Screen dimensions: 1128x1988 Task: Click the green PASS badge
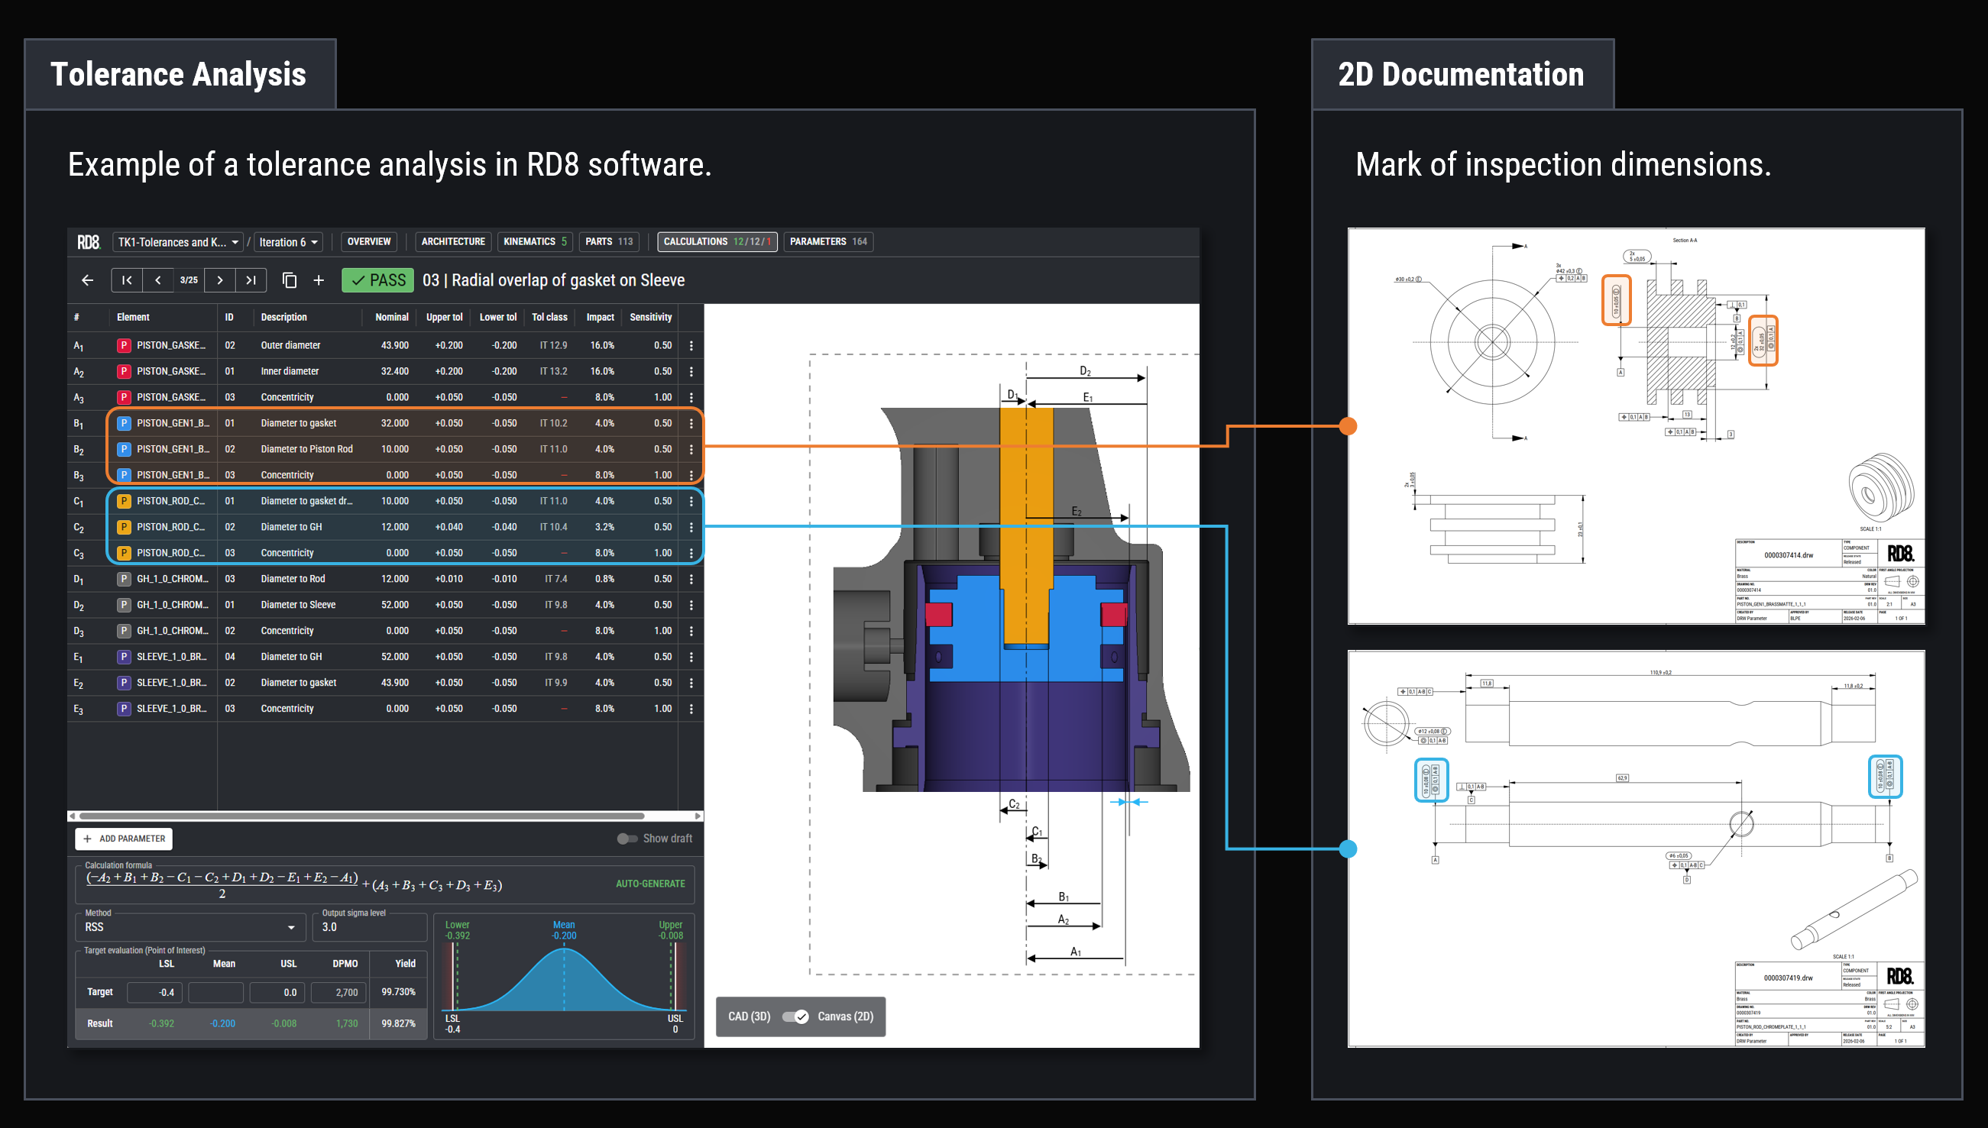[x=377, y=280]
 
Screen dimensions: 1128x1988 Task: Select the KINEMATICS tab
[x=535, y=241]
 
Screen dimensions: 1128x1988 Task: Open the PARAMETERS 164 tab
[x=827, y=241]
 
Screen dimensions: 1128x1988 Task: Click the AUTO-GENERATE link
[x=649, y=884]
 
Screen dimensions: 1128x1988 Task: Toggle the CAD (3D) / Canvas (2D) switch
[x=795, y=1016]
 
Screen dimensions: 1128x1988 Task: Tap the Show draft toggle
[x=627, y=839]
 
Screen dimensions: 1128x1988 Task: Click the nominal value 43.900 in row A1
[x=394, y=345]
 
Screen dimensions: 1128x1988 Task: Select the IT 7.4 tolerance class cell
[x=555, y=579]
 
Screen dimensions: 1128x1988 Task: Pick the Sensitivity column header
[x=650, y=318]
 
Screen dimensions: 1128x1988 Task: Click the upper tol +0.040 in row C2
[x=448, y=527]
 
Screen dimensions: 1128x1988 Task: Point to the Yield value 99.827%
[x=398, y=1023]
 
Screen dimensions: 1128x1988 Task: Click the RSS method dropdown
[x=190, y=927]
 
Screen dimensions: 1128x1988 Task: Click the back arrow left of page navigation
[x=88, y=280]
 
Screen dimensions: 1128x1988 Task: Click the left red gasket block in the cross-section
[x=938, y=614]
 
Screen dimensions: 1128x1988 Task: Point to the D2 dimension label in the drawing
[x=1085, y=371]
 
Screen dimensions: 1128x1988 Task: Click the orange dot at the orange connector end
[x=1349, y=426]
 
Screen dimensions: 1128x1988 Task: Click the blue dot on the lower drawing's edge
[x=1349, y=849]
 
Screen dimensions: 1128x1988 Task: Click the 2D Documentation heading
[x=1460, y=74]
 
